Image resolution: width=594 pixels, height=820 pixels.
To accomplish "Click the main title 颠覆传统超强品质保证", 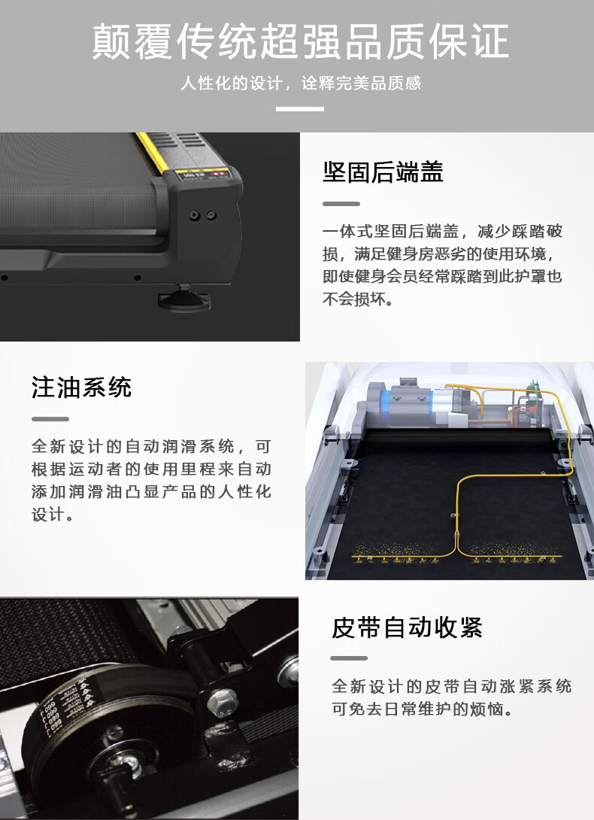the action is (300, 41).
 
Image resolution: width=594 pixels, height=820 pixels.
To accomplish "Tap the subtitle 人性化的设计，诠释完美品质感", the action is (301, 84).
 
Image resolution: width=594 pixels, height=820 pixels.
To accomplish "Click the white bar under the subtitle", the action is (299, 109).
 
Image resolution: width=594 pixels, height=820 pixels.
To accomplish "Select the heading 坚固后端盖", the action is (383, 172).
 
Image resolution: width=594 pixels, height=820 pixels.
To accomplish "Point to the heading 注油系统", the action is (81, 387).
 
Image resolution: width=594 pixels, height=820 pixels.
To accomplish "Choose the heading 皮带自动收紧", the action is (407, 627).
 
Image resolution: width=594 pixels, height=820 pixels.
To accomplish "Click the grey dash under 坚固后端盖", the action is (341, 203).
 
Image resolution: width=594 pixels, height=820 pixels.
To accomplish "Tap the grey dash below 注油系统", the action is (50, 419).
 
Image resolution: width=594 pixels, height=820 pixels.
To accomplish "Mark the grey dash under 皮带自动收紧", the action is (349, 658).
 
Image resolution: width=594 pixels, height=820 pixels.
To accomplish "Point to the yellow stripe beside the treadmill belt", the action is (153, 153).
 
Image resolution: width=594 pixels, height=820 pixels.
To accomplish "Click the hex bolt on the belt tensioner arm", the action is (222, 702).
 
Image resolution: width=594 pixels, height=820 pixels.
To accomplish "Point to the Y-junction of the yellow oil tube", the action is (457, 546).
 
